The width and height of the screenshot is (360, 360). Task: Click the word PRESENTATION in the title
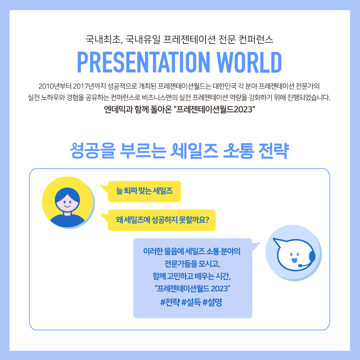coord(143,62)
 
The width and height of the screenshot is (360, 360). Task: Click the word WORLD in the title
coord(249,62)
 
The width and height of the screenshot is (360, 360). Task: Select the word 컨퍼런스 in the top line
coord(256,39)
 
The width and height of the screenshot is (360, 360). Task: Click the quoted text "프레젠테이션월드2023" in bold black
coord(215,109)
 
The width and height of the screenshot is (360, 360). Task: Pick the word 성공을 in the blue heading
coord(93,151)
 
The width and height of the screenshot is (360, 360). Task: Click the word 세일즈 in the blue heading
coord(194,151)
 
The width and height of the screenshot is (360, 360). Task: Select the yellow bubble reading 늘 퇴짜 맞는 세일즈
coord(144,191)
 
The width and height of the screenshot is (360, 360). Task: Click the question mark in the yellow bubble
coord(207,220)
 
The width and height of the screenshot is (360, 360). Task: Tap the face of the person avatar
coord(67,204)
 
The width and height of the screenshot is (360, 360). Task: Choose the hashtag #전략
coord(170,302)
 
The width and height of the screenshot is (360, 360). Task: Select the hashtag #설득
coord(191,302)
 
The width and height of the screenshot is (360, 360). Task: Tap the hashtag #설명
coord(212,302)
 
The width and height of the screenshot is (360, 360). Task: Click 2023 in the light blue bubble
coord(219,288)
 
